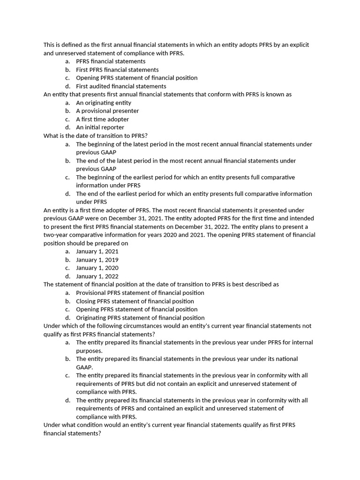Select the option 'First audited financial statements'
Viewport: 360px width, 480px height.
pyautogui.click(x=121, y=86)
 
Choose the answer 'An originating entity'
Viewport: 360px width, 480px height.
pyautogui.click(x=104, y=103)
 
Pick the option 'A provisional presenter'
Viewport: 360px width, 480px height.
pyautogui.click(x=107, y=111)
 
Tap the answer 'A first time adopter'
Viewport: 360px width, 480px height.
pyautogui.click(x=102, y=119)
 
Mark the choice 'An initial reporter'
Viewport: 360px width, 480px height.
pyautogui.click(x=100, y=127)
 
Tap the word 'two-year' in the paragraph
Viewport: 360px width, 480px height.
pyautogui.click(x=56, y=235)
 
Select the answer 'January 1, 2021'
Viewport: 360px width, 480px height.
pyautogui.click(x=97, y=252)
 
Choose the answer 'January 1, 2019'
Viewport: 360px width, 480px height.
pyautogui.click(x=97, y=260)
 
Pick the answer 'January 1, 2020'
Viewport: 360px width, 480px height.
pyautogui.click(x=97, y=268)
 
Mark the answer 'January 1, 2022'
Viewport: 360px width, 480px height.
pyautogui.click(x=97, y=277)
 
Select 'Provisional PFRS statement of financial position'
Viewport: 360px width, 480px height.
pyautogui.click(x=140, y=293)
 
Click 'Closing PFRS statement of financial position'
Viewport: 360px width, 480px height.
pyautogui.click(x=135, y=301)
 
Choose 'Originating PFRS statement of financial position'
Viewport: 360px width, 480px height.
pyautogui.click(x=140, y=318)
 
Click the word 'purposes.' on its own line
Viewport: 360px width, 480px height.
pyautogui.click(x=89, y=351)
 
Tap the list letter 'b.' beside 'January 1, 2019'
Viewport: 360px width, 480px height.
pyautogui.click(x=68, y=260)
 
